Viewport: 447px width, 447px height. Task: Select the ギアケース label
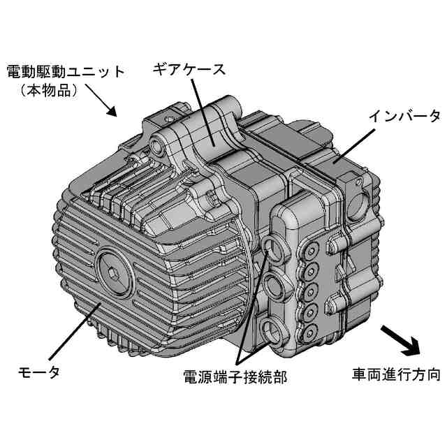(x=189, y=69)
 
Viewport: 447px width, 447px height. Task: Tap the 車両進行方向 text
(x=395, y=375)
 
